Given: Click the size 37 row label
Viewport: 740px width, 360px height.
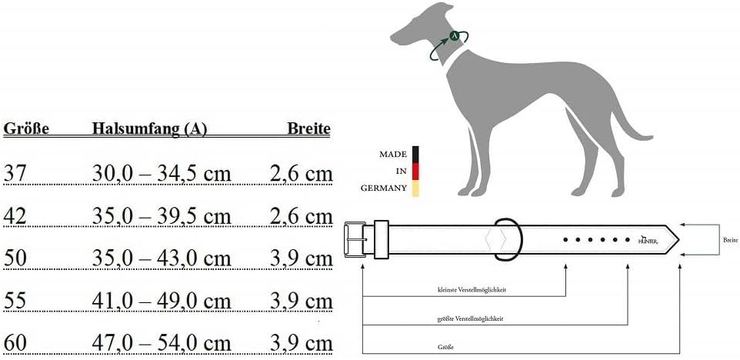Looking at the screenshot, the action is coord(15,174).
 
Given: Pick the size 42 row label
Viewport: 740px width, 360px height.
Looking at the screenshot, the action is coord(15,217).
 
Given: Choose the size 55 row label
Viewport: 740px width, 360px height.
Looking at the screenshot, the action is coord(15,300).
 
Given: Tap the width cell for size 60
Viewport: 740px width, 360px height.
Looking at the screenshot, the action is coord(301,342).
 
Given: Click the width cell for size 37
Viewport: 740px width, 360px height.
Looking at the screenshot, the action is coord(301,174).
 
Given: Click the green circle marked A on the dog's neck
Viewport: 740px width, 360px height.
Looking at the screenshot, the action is coord(455,35).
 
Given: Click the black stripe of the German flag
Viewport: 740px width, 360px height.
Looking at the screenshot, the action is coord(415,154).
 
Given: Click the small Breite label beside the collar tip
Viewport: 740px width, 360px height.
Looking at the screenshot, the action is coord(730,239).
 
